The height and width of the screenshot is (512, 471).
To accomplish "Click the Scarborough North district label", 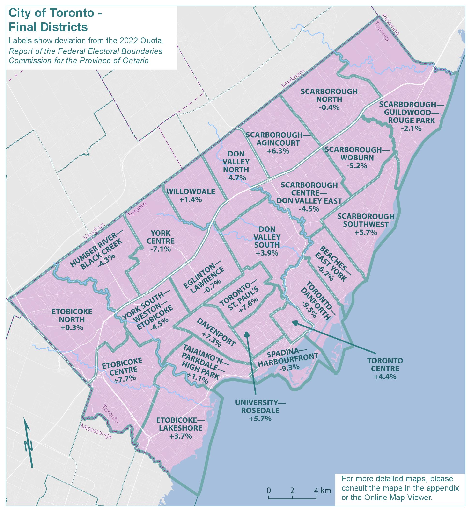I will click(x=329, y=95).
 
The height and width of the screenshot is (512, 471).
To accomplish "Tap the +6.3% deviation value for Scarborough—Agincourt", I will click(x=278, y=151).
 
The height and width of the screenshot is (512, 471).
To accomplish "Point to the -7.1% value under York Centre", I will click(x=160, y=249).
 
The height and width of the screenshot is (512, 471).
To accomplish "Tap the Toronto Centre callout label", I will click(x=385, y=365).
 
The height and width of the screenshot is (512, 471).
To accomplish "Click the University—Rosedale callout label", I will click(x=260, y=407).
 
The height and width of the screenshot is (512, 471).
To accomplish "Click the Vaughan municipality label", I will click(x=94, y=231).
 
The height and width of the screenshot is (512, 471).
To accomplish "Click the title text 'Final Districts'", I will click(x=48, y=27).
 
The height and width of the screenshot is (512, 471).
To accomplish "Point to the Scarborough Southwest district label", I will click(x=366, y=220).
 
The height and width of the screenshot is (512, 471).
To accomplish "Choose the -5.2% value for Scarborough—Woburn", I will click(x=357, y=166).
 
